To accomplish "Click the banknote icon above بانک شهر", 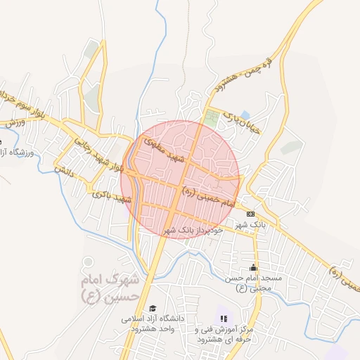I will pos(251,213).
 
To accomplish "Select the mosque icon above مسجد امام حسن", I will pos(253,267).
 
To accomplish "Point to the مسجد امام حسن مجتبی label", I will pos(253,283).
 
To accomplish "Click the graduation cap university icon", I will pos(153,308).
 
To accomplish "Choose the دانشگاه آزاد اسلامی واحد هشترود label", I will pos(153,323).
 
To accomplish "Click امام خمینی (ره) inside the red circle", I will pos(207,196).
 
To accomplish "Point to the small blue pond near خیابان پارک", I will pos(245,115).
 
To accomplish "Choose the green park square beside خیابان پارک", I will pos(211,116).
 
